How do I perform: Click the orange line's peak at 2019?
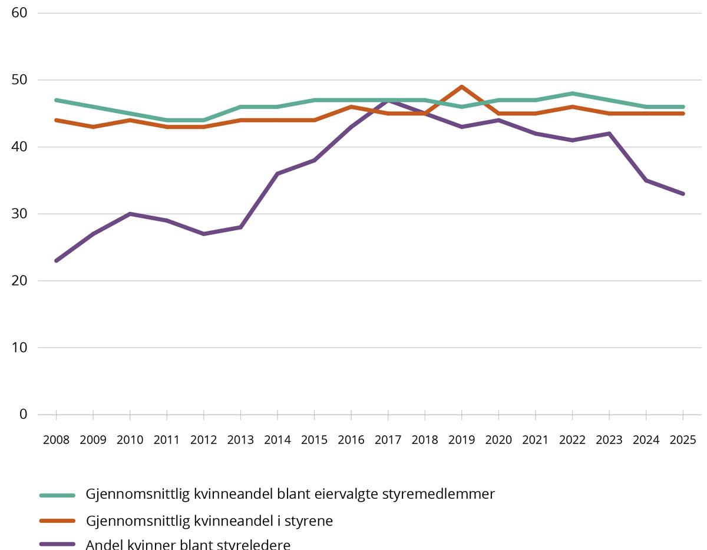pyautogui.click(x=462, y=87)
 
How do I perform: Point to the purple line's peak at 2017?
pyautogui.click(x=388, y=100)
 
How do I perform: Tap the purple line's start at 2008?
pyautogui.click(x=57, y=260)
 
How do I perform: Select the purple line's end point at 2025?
pyautogui.click(x=683, y=194)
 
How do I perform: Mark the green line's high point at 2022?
pyautogui.click(x=572, y=94)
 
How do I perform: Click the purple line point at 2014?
pyautogui.click(x=277, y=174)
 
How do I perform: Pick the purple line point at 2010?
pyautogui.click(x=130, y=214)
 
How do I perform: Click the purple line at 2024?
pyautogui.click(x=646, y=180)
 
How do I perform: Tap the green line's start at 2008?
pyautogui.click(x=57, y=100)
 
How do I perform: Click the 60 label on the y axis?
pyautogui.click(x=19, y=13)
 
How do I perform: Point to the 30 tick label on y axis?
pyautogui.click(x=19, y=214)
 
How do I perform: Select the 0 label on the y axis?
pyautogui.click(x=23, y=415)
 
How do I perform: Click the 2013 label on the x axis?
pyautogui.click(x=240, y=440)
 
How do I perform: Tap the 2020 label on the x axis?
pyautogui.click(x=498, y=440)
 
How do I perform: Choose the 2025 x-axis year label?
pyautogui.click(x=683, y=440)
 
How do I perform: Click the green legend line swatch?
pyautogui.click(x=57, y=495)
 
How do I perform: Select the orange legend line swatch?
pyautogui.click(x=57, y=521)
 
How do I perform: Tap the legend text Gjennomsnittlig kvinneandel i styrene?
pyautogui.click(x=209, y=521)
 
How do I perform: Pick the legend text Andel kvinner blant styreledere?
pyautogui.click(x=188, y=545)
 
